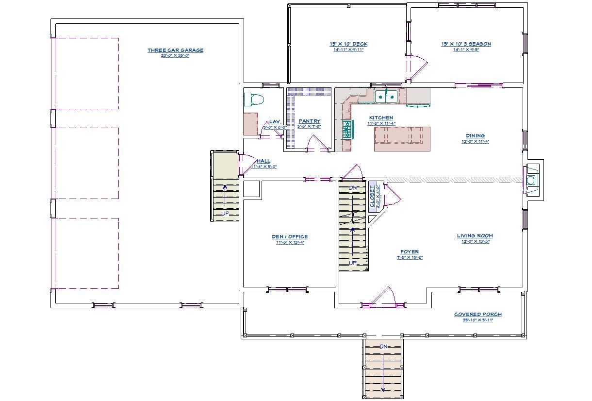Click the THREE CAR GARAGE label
(175, 50)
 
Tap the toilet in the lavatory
(254, 100)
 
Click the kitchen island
(402, 139)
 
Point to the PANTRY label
(309, 121)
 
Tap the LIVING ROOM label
(475, 236)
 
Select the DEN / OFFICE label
(290, 237)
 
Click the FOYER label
(410, 252)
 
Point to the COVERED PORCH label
(478, 314)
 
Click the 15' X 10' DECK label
(348, 44)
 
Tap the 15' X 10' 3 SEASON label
(466, 44)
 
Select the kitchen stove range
(347, 130)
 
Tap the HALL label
(263, 161)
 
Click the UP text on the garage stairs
(225, 213)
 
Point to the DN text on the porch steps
(383, 347)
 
